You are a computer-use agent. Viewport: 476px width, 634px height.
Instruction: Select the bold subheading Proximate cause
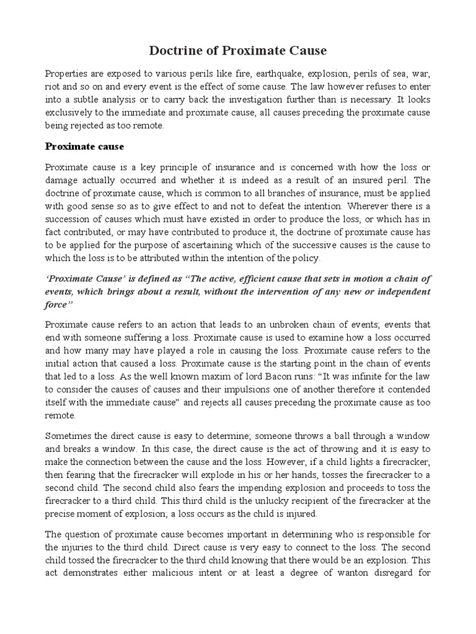pos(85,147)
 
